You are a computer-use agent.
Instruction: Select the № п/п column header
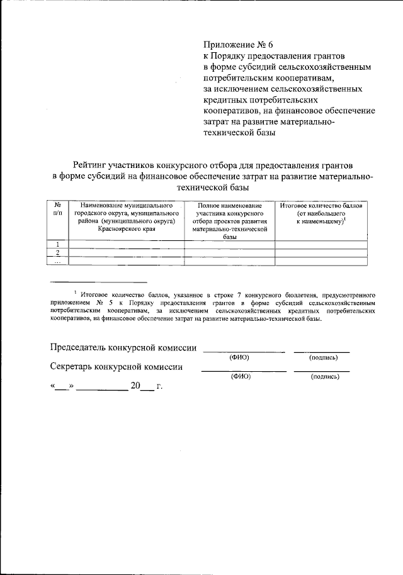coord(58,209)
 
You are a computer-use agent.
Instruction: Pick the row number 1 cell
coord(58,244)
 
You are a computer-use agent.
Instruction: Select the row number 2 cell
coord(58,253)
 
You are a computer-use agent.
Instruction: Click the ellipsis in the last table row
coord(58,261)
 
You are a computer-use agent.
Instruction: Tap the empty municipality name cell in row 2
coord(126,253)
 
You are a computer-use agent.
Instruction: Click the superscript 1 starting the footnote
coord(74,292)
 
